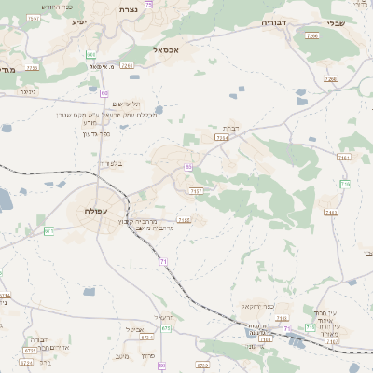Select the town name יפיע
pos(77,21)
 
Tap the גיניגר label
pos(27,92)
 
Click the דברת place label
pos(230,127)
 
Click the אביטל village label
pos(134,330)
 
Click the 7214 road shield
pos(221,137)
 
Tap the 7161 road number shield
pos(344,159)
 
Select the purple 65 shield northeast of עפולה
pos(188,168)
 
